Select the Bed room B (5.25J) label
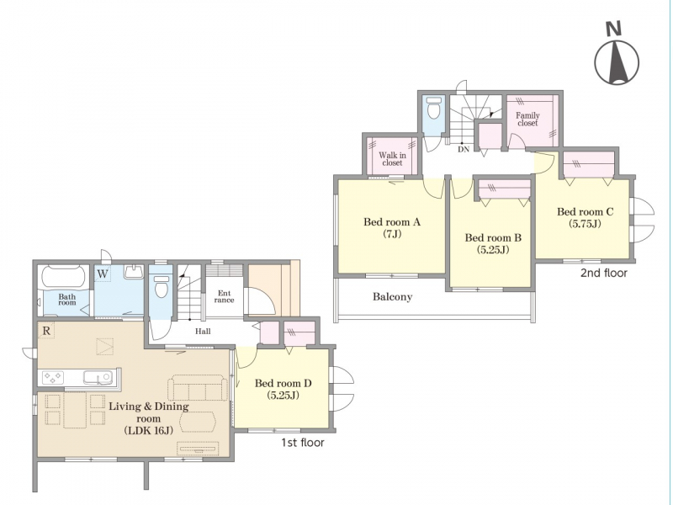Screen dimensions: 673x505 click(x=493, y=243)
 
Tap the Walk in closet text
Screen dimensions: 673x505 click(x=392, y=159)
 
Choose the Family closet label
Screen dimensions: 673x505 click(x=527, y=119)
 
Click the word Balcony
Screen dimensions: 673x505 click(x=392, y=297)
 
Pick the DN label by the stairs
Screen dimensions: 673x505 click(x=464, y=150)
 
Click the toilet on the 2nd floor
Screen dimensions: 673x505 click(x=433, y=109)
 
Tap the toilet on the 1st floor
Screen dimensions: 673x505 click(x=162, y=285)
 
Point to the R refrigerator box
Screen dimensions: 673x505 click(x=46, y=331)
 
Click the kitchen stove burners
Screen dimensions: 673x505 click(x=53, y=378)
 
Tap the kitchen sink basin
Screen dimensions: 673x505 click(x=98, y=378)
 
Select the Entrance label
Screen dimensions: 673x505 click(x=224, y=296)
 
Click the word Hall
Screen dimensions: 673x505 click(x=203, y=331)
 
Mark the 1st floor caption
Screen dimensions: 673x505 click(x=303, y=443)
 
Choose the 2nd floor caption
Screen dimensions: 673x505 click(x=604, y=273)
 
